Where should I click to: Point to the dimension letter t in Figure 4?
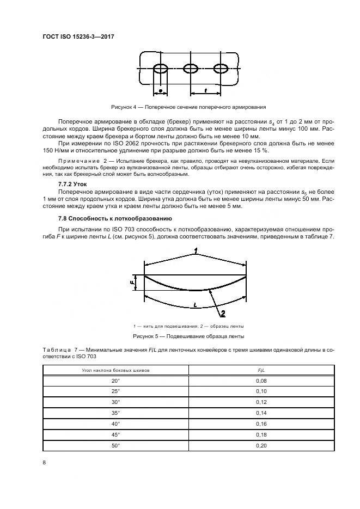click(205, 90)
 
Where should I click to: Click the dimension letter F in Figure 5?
click(132, 283)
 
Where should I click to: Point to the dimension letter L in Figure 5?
click(194, 306)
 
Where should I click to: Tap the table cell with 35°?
click(115, 413)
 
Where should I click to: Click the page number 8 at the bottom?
click(44, 463)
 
